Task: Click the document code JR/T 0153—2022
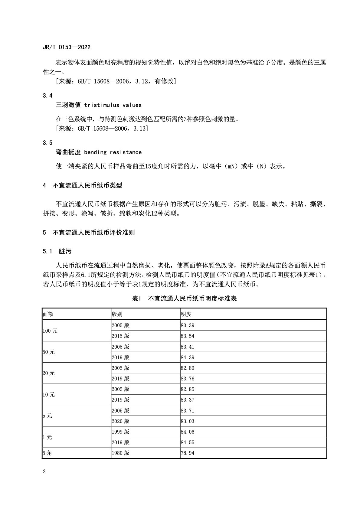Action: point(67,47)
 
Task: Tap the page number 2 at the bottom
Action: point(44,472)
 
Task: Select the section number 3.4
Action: point(48,96)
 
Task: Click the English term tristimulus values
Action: point(113,105)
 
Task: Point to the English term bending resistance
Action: point(113,152)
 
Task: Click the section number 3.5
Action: point(48,143)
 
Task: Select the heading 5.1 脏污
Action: point(57,251)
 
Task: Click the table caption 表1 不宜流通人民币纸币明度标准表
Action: point(184,299)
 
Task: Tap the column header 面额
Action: point(48,314)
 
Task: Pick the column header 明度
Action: point(186,314)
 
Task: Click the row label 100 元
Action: point(50,331)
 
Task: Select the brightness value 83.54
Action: point(188,336)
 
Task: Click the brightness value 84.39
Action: point(188,357)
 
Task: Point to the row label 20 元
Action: point(49,373)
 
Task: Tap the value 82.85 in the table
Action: point(188,389)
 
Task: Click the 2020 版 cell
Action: point(120,421)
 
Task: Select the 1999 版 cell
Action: point(120,432)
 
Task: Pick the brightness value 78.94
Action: point(188,453)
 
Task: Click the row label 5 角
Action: point(47,453)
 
